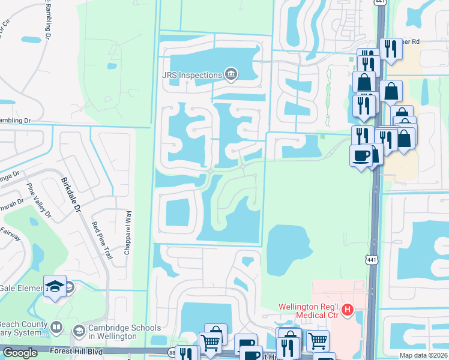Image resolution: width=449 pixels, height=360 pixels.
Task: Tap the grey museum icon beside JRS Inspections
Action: coord(231,75)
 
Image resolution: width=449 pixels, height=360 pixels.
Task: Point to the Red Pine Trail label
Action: coord(102,241)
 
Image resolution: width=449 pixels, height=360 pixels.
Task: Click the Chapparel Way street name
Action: coord(127,232)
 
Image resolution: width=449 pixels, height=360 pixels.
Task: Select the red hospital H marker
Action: coord(347,310)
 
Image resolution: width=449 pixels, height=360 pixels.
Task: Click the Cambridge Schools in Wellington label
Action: coord(125,332)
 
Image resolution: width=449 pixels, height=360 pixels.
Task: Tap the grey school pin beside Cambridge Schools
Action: coord(79,331)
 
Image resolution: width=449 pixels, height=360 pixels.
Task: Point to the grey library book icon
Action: coord(56,328)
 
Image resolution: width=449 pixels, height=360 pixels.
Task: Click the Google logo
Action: coord(20,353)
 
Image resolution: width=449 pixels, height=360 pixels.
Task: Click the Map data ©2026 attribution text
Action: coord(423,355)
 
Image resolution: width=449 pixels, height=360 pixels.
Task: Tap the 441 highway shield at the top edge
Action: coord(379,3)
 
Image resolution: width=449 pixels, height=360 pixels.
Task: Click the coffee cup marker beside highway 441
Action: coord(361,155)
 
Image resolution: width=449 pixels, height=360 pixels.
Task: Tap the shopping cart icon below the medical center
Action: coord(318,341)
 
